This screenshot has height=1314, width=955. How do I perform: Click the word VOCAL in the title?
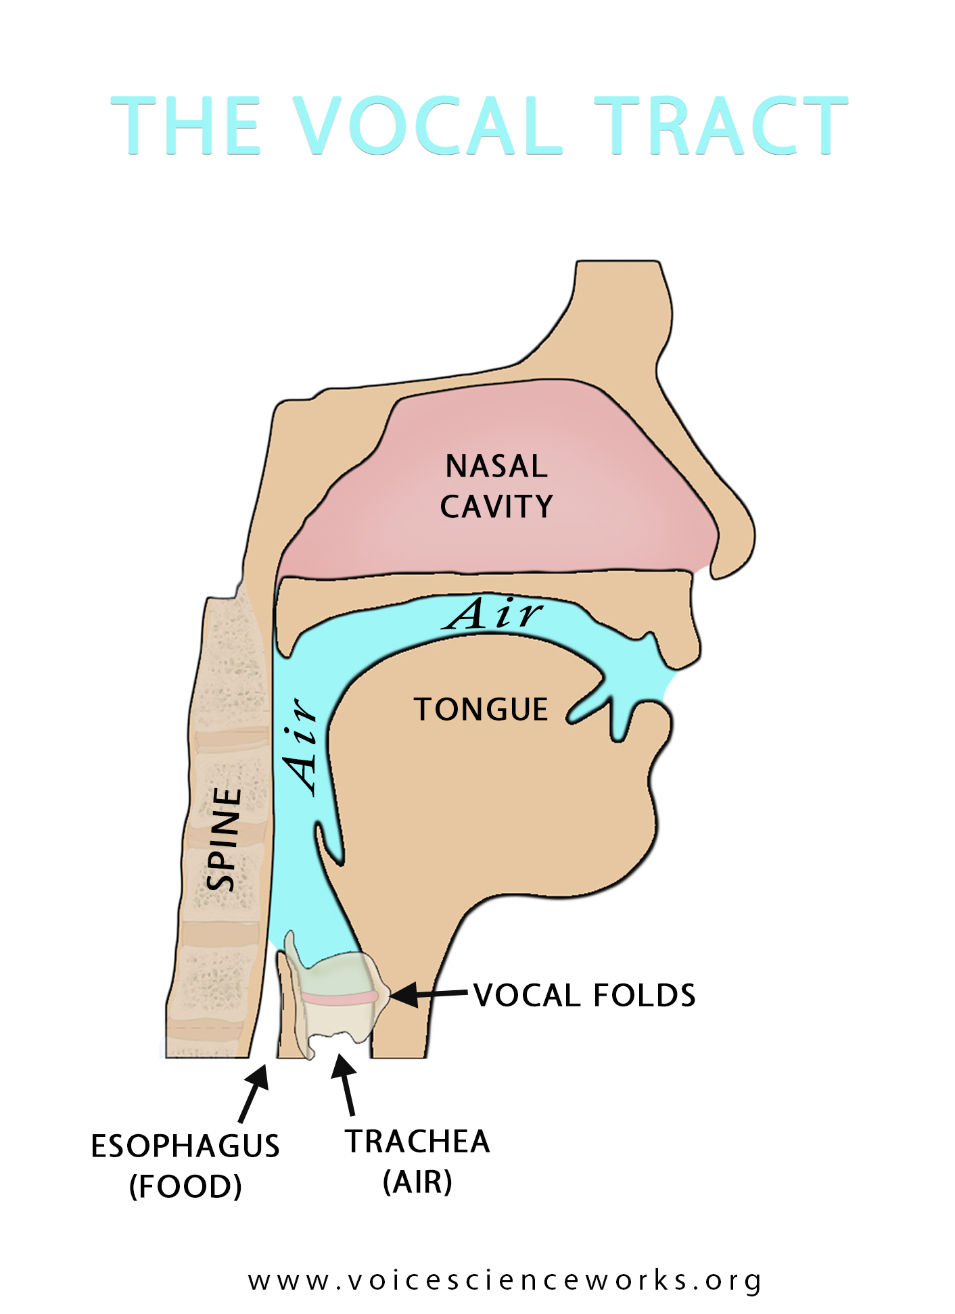click(x=427, y=125)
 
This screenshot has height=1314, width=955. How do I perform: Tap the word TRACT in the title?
click(x=721, y=125)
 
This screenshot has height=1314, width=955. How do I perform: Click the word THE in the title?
click(x=186, y=125)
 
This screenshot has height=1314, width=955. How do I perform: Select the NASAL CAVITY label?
click(x=496, y=486)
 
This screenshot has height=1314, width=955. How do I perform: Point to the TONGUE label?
click(x=481, y=710)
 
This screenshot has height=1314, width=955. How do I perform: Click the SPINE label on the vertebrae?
click(x=224, y=839)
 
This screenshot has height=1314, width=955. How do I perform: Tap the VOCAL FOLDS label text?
click(x=585, y=995)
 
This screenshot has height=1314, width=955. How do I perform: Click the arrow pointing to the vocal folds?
click(x=428, y=994)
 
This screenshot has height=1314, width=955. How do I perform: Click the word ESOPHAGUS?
click(x=185, y=1146)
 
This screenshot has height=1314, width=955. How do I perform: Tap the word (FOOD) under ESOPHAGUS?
click(x=185, y=1186)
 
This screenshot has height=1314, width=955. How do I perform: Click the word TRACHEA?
click(x=418, y=1142)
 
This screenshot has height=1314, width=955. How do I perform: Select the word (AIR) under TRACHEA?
click(x=418, y=1182)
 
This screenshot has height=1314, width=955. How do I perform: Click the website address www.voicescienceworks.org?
click(x=505, y=1281)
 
